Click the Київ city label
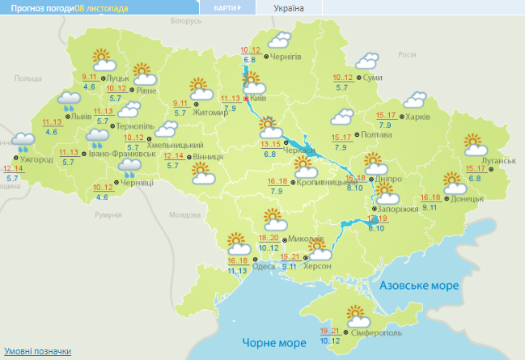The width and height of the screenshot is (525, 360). click(x=259, y=98)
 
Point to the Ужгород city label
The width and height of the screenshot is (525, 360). click(x=37, y=159)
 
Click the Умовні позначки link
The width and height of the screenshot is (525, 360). click(x=36, y=352)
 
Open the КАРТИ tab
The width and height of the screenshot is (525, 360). click(x=227, y=7)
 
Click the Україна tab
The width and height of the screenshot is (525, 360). click(x=290, y=7)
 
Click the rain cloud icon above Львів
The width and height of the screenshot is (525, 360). click(x=67, y=101)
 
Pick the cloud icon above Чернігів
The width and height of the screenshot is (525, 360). click(x=279, y=40)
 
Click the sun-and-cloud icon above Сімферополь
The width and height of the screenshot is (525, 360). click(x=354, y=316)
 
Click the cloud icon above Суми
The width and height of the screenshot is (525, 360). click(x=368, y=61)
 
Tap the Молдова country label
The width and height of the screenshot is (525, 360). click(x=184, y=215)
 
